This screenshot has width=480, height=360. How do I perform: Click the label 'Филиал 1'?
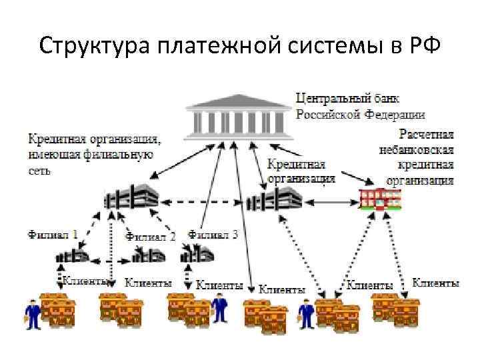[x=53, y=235]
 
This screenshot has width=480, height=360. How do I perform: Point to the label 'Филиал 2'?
[x=151, y=236]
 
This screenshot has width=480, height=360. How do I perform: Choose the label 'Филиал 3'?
[x=213, y=234]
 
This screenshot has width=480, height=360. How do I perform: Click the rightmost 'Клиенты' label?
[x=436, y=283]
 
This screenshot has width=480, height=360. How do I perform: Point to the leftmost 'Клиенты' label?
[x=85, y=282]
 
